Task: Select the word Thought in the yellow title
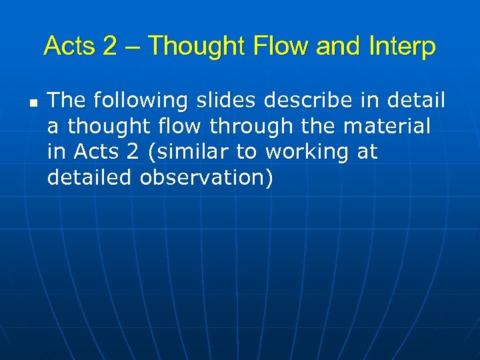[x=197, y=47]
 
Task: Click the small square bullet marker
[x=32, y=104]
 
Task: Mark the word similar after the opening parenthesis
[x=196, y=153]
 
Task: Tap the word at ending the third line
[x=367, y=153]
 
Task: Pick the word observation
[x=206, y=179]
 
